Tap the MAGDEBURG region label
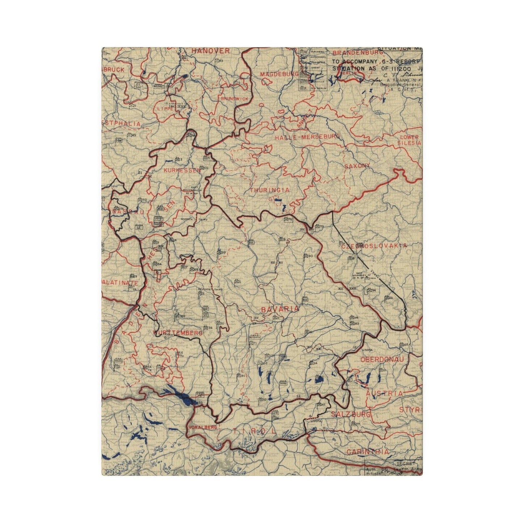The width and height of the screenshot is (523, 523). pos(279,75)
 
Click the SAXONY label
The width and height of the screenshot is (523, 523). pos(357,166)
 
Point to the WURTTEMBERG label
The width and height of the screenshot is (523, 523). pos(177,333)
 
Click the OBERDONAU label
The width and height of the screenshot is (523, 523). pos(381,359)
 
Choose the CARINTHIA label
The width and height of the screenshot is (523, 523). pos(367,452)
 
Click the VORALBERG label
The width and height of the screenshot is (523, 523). pos(203,427)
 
